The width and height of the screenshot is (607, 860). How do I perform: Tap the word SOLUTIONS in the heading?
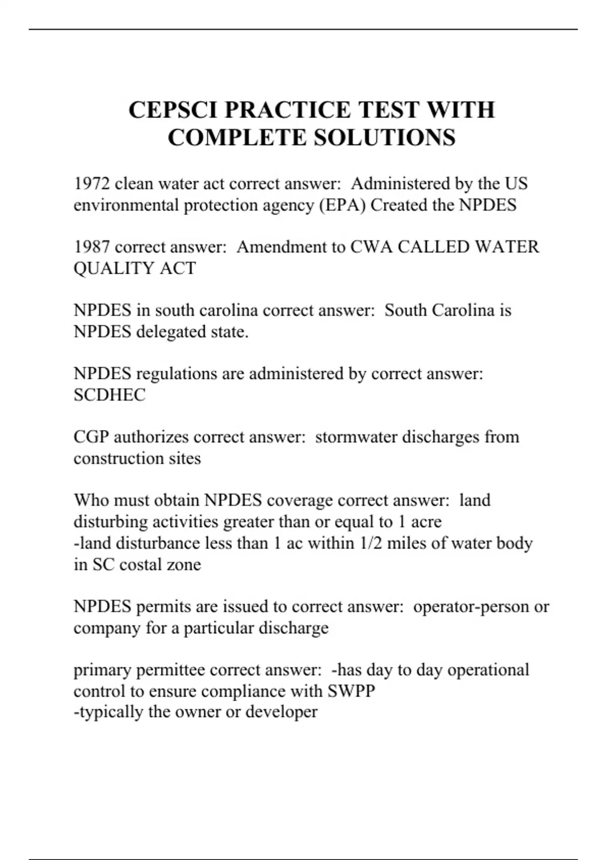click(x=384, y=138)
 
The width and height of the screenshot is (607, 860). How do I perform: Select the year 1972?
click(x=92, y=183)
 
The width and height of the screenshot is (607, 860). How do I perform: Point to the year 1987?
click(x=92, y=247)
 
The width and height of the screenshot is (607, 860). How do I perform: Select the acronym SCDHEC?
click(x=109, y=395)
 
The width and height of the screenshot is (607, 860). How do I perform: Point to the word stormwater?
click(x=356, y=437)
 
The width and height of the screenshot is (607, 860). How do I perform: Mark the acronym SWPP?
click(x=351, y=691)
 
